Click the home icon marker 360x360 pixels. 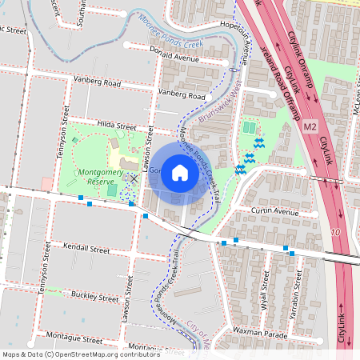coord(180,172)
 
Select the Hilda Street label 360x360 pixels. coord(117,126)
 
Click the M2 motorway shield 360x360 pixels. coord(310,126)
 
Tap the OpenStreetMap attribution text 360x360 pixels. coord(80,354)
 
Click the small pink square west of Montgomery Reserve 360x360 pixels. coord(47,184)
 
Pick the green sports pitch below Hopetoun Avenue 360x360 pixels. coord(250,127)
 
